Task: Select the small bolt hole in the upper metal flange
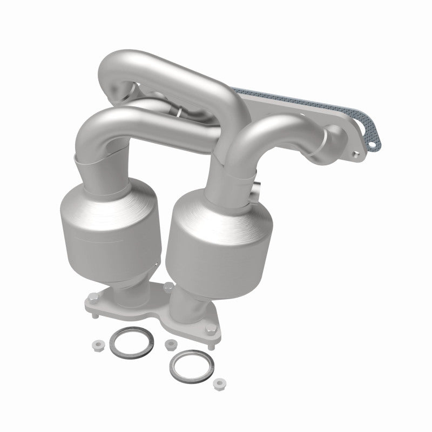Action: pyautogui.click(x=355, y=157)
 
